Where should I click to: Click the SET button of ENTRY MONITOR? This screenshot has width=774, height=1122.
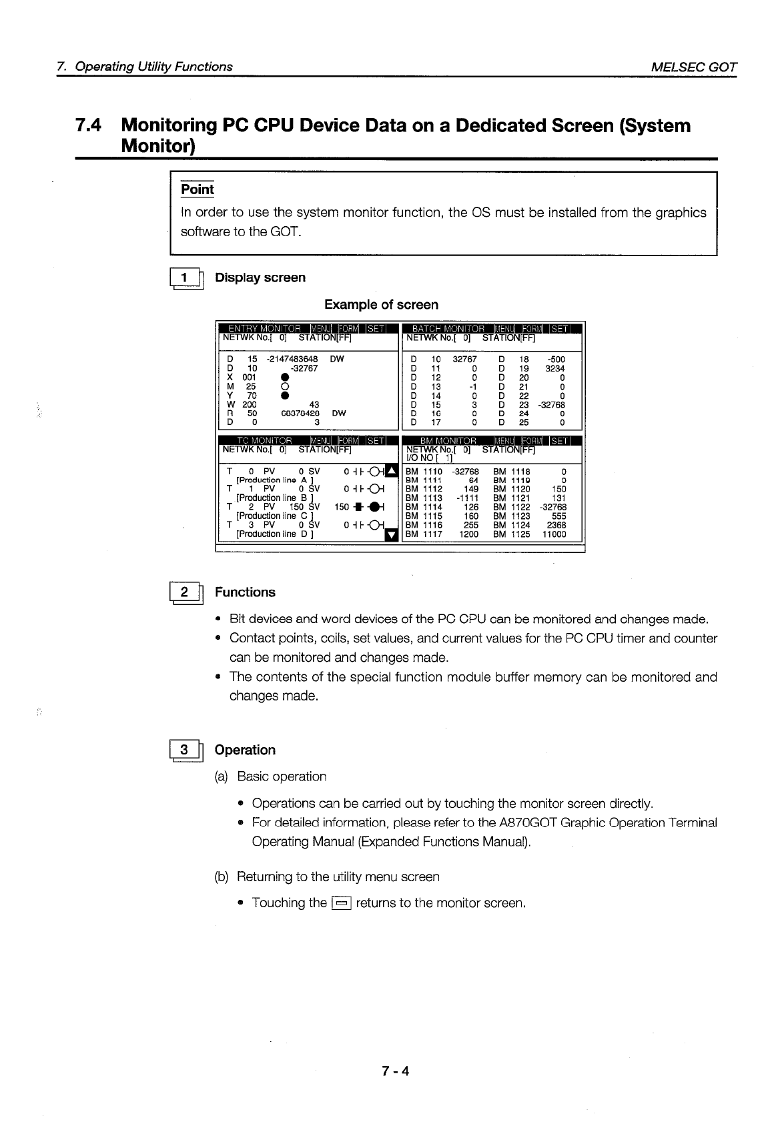[376, 328]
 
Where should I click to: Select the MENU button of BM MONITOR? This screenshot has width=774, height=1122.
[506, 440]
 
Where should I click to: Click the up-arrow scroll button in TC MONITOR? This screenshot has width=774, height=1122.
[392, 472]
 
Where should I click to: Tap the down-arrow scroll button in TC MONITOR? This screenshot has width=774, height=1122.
[392, 534]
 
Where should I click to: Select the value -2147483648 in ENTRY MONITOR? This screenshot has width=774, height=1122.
[292, 359]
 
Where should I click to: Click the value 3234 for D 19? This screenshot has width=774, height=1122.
[554, 368]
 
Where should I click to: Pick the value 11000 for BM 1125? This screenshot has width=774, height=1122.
[554, 534]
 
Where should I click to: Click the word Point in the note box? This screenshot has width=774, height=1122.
[198, 189]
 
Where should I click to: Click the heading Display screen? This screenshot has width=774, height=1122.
[260, 277]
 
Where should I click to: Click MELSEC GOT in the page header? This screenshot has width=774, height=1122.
[694, 67]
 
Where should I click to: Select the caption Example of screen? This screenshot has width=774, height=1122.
[381, 305]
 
